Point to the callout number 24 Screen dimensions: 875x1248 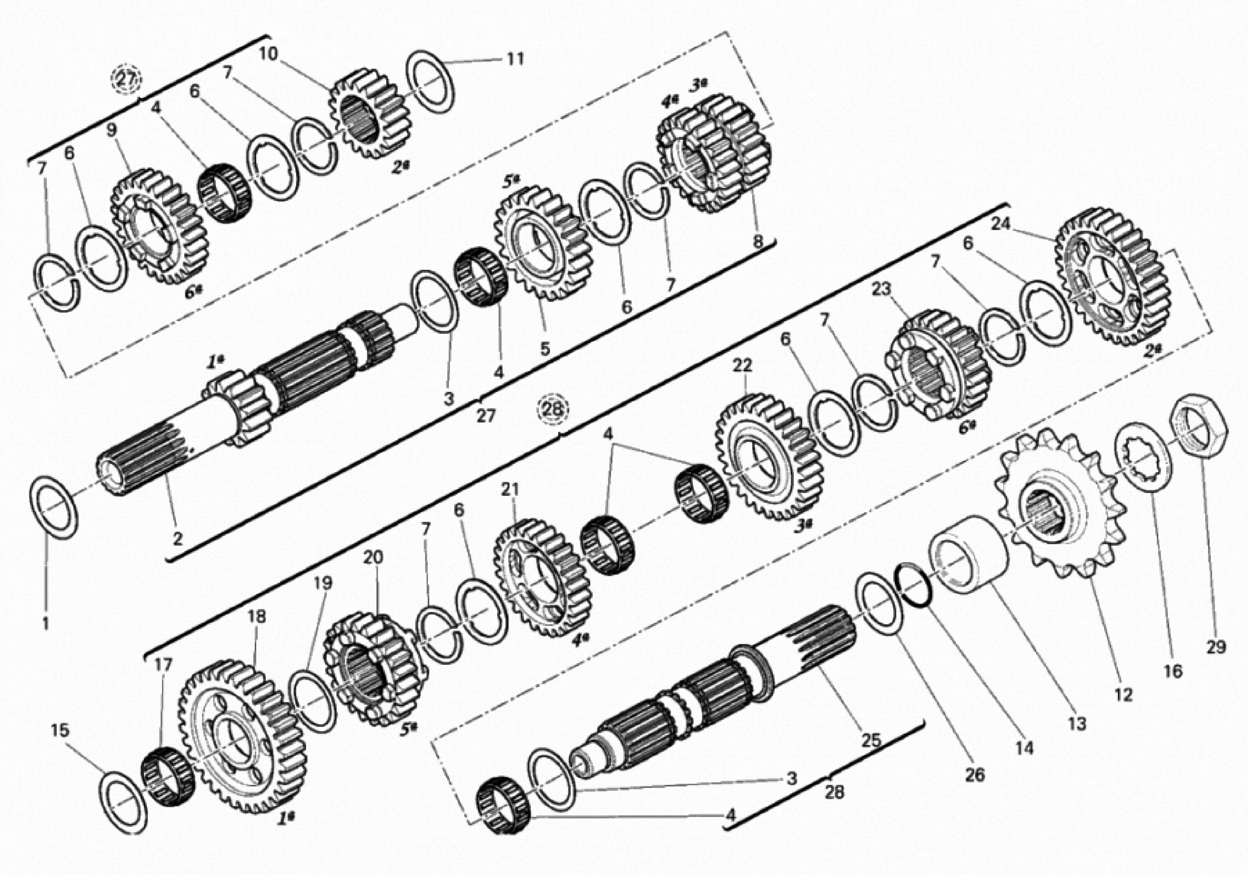[1000, 224]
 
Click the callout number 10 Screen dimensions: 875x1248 [268, 53]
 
